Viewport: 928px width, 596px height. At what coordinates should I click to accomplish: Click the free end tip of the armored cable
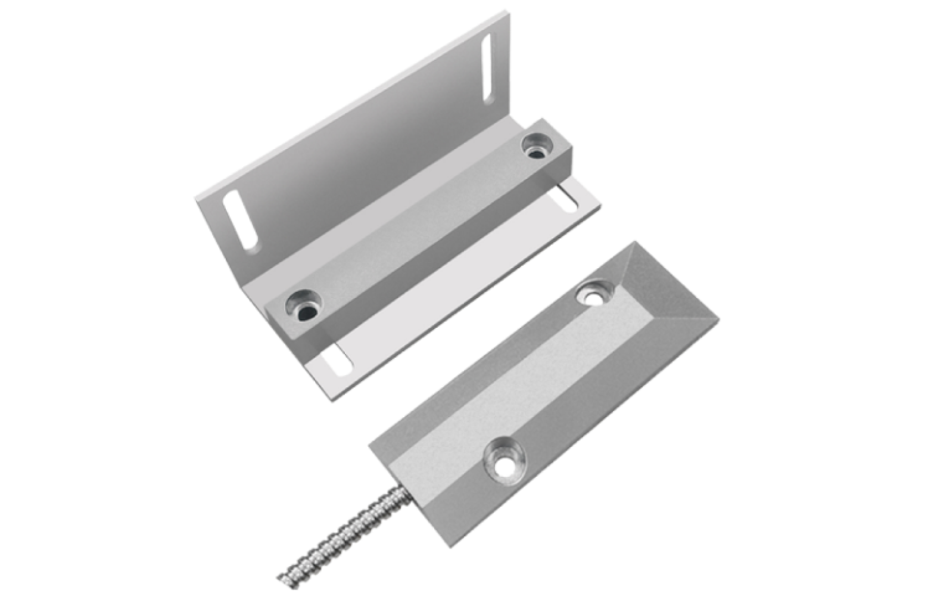pos(279,577)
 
